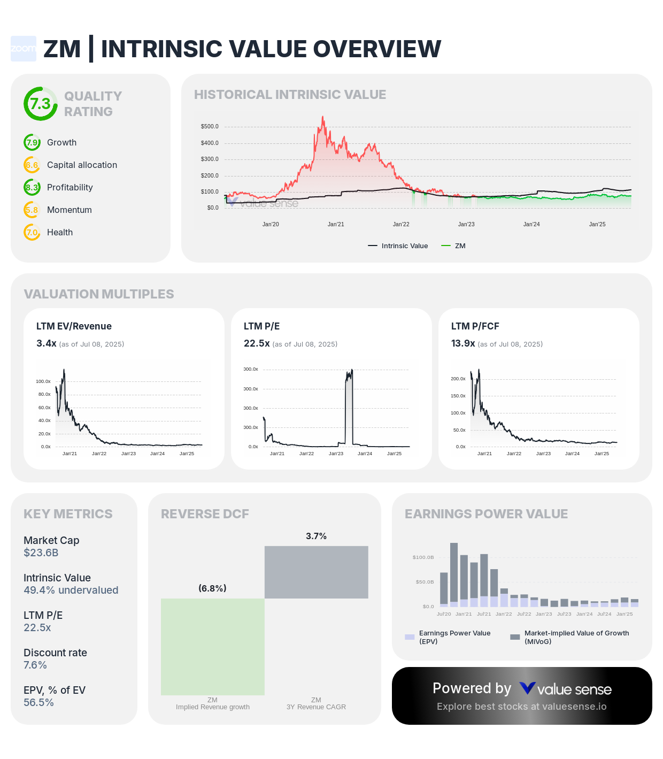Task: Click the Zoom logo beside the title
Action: pyautogui.click(x=24, y=49)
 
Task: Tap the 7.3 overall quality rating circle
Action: pyautogui.click(x=41, y=104)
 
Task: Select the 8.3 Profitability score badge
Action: pyautogui.click(x=32, y=188)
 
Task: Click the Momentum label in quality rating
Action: pyautogui.click(x=70, y=210)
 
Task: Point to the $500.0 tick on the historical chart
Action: pyautogui.click(x=210, y=127)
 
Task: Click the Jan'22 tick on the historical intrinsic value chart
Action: pyautogui.click(x=401, y=225)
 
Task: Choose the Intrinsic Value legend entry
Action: pyautogui.click(x=398, y=246)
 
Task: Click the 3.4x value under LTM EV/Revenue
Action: pyautogui.click(x=47, y=343)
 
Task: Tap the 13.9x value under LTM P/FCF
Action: pyautogui.click(x=463, y=343)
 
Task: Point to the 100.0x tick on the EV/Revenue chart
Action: pyautogui.click(x=43, y=381)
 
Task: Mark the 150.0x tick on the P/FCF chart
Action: pyautogui.click(x=458, y=396)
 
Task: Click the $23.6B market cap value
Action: pyautogui.click(x=41, y=553)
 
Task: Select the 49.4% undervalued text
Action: pyautogui.click(x=71, y=591)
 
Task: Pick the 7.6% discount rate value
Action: pyautogui.click(x=35, y=665)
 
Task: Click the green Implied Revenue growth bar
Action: pyautogui.click(x=213, y=647)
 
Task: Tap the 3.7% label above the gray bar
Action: pyautogui.click(x=316, y=536)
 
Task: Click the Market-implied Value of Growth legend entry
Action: pyautogui.click(x=570, y=637)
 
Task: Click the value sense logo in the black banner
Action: pyautogui.click(x=566, y=689)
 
